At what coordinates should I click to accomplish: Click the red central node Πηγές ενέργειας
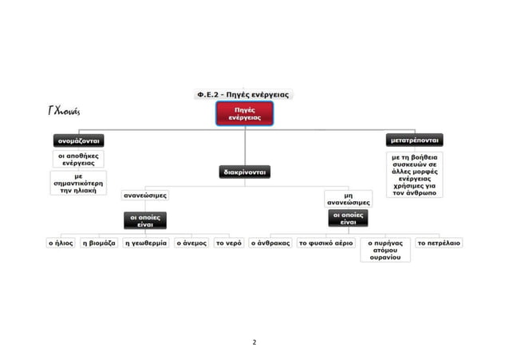[244, 113]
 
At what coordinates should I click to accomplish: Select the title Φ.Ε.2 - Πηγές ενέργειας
[243, 94]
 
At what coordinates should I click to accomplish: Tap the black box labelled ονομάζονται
[78, 140]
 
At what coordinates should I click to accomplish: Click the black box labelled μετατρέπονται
[415, 140]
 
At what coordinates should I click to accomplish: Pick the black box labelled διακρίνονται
[245, 172]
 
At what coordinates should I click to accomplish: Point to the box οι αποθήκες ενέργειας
[78, 159]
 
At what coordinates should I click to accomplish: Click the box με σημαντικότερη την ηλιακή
[78, 184]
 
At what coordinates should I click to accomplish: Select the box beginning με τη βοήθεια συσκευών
[415, 175]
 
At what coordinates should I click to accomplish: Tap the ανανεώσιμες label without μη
[145, 196]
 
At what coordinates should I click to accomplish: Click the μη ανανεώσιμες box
[349, 199]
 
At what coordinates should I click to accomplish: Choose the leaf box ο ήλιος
[61, 243]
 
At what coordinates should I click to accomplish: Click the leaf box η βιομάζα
[99, 243]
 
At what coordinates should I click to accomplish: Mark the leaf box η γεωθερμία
[146, 243]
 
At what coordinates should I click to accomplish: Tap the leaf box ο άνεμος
[191, 243]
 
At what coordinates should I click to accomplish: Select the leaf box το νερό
[229, 243]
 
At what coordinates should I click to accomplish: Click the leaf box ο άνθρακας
[270, 243]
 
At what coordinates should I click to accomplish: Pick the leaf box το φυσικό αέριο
[326, 243]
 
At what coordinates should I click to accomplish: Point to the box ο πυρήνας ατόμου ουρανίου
[385, 250]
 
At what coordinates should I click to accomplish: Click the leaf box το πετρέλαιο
[439, 243]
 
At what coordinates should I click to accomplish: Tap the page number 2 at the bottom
[254, 342]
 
